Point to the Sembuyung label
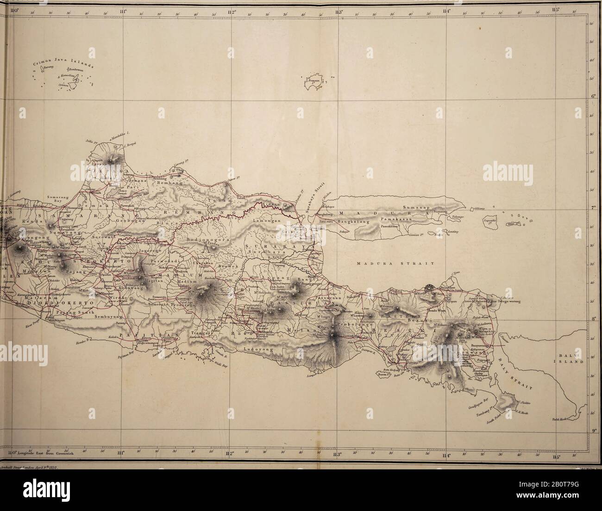click(107, 317)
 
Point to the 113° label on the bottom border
click(337, 454)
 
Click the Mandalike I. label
click(120, 133)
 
